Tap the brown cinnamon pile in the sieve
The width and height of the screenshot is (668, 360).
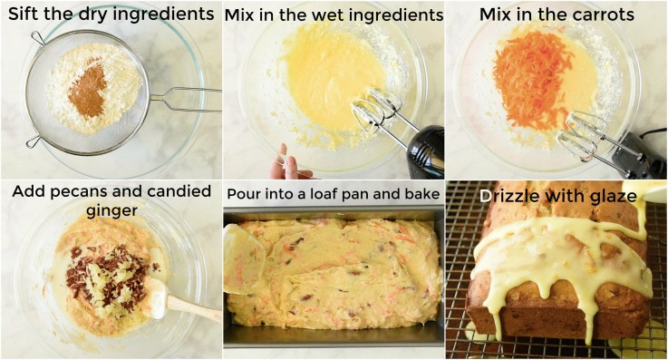(88, 90)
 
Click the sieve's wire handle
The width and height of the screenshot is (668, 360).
(185, 99)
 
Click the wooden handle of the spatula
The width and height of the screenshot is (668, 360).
(194, 308)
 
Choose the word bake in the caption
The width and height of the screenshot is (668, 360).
(422, 194)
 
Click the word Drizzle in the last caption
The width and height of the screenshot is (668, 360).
(509, 195)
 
